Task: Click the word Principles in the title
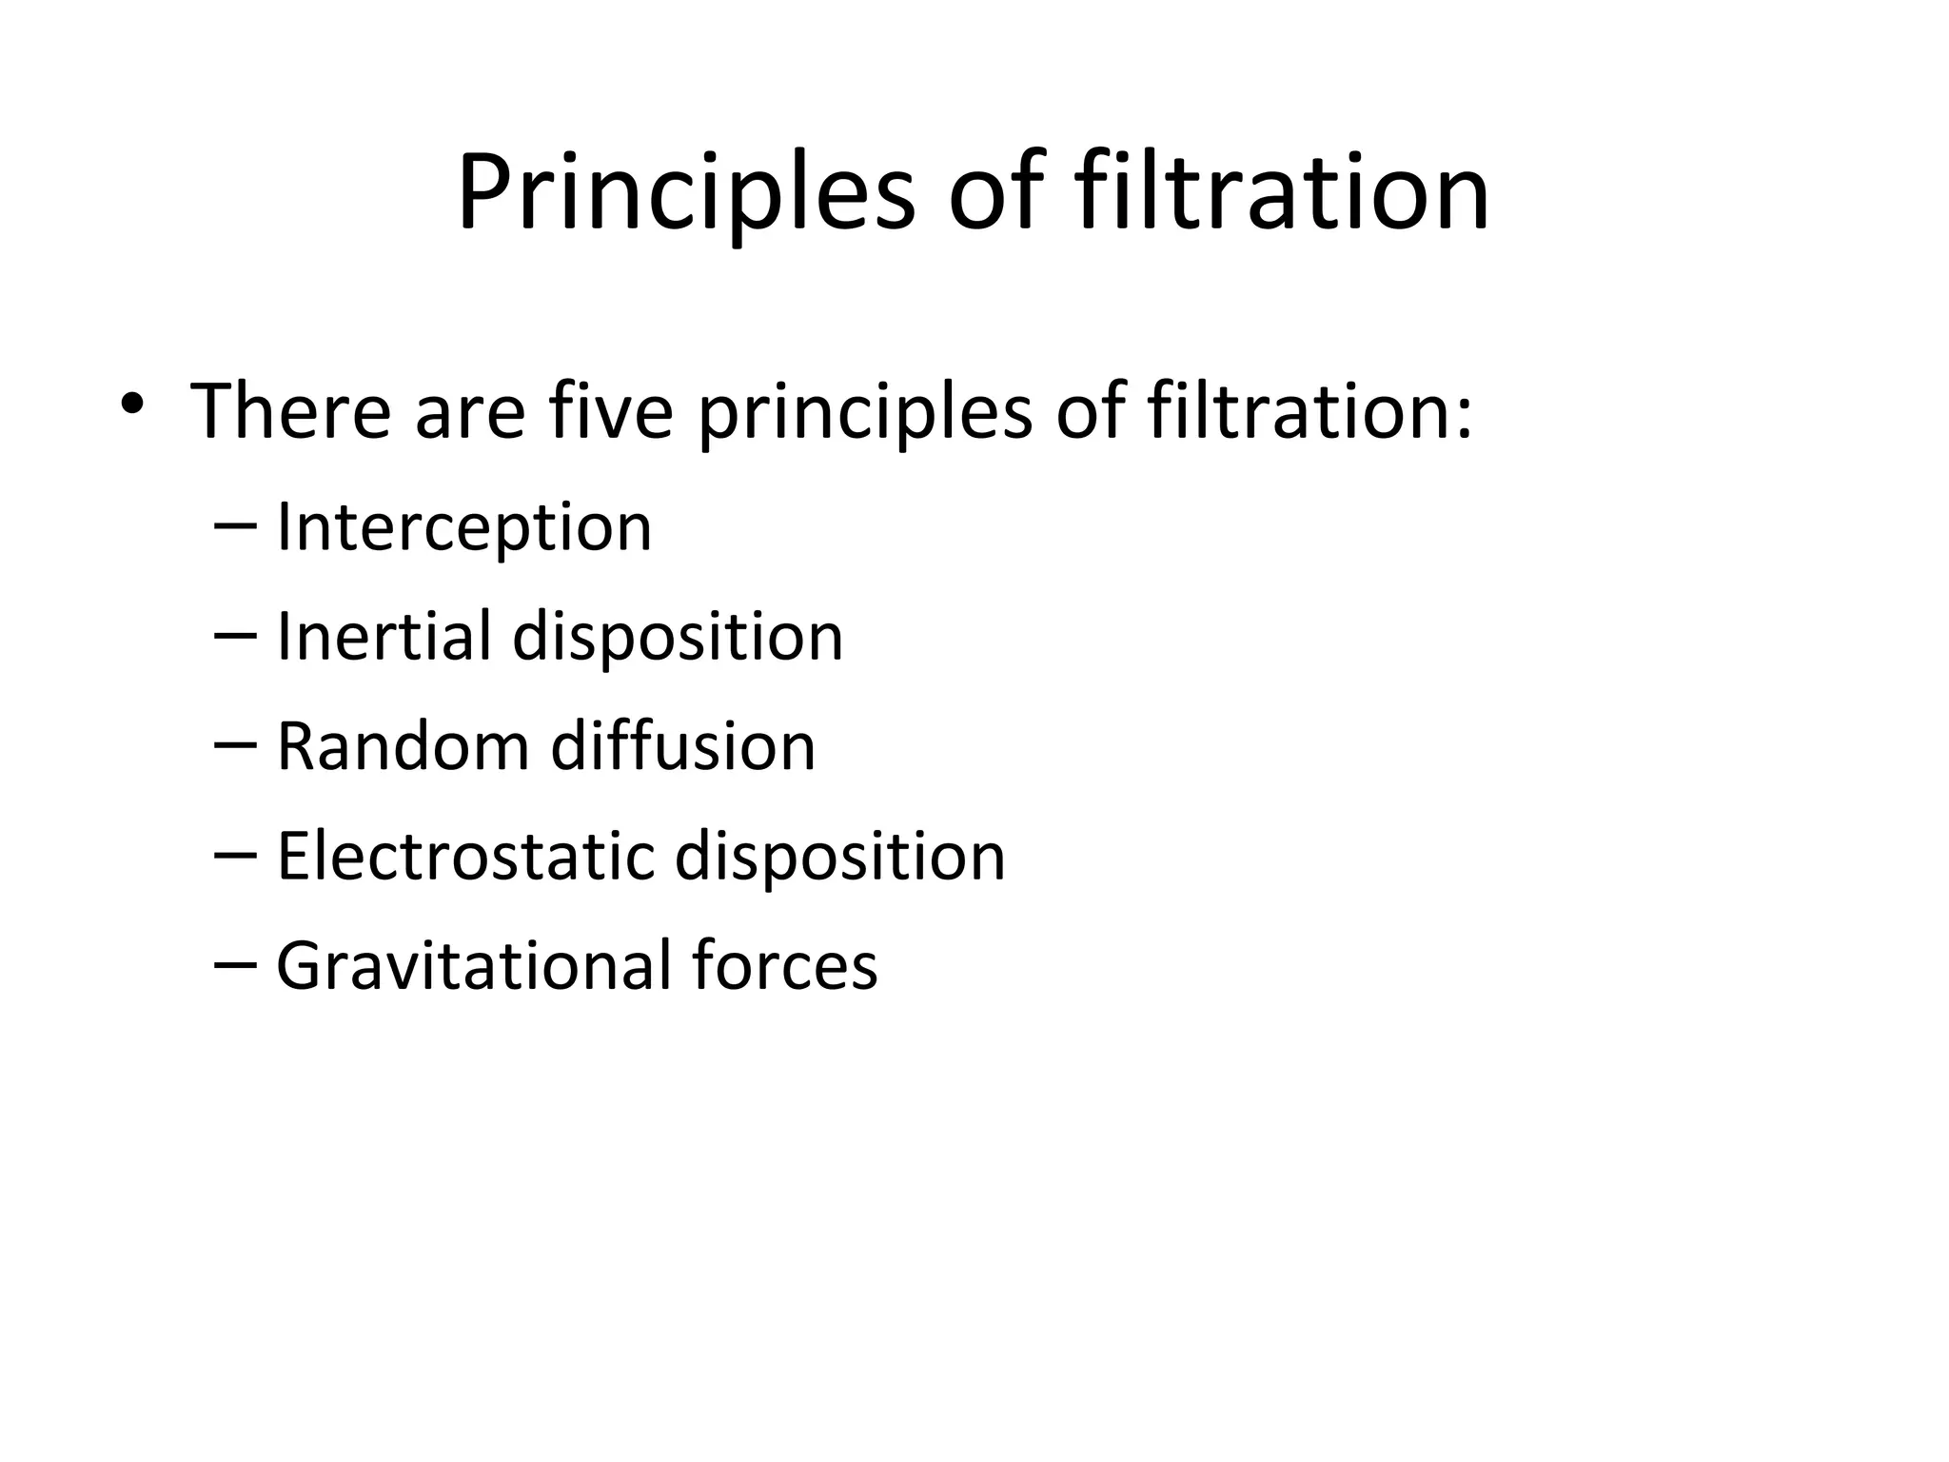685,195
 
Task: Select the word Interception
464,528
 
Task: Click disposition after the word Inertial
678,638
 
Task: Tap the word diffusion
683,746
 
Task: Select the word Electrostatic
465,856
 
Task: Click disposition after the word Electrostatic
839,858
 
